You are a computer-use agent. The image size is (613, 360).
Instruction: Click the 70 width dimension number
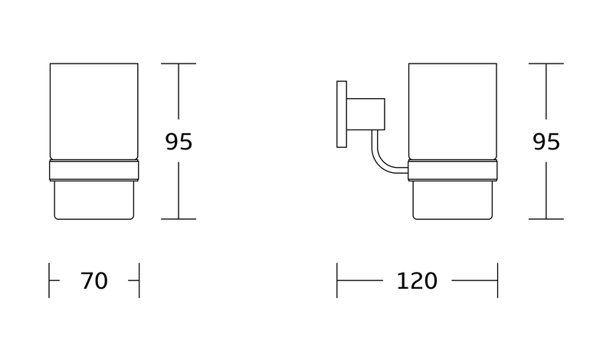click(x=93, y=280)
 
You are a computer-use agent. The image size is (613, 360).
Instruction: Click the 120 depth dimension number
click(x=417, y=280)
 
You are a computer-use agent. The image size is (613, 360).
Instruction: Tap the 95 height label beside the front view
click(x=179, y=142)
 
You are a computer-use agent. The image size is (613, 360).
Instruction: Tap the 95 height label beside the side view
click(x=546, y=142)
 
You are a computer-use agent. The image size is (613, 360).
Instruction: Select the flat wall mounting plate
click(x=342, y=114)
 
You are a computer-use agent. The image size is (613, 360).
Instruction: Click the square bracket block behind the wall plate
click(x=366, y=114)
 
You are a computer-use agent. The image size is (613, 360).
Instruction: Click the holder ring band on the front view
click(x=93, y=170)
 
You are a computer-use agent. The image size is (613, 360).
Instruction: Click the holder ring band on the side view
click(x=453, y=170)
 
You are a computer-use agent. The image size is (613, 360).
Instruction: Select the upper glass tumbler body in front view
click(x=93, y=111)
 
